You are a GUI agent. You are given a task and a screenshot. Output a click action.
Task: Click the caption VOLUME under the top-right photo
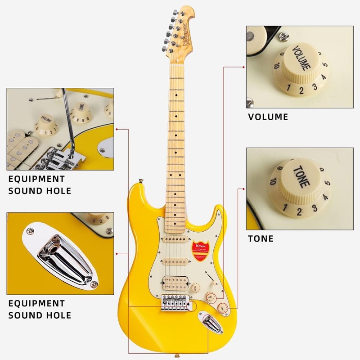[x=268, y=117]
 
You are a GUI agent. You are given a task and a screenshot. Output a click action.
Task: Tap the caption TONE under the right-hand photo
[x=261, y=238]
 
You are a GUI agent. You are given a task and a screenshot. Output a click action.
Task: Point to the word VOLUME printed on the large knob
[x=301, y=58]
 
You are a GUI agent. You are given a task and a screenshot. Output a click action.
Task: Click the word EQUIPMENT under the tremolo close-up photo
[x=36, y=179]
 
